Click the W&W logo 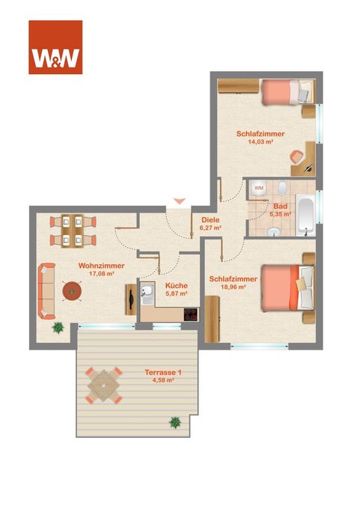55,47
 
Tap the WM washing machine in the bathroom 259,188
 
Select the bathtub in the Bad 305,215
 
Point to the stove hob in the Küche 191,314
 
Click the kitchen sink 147,291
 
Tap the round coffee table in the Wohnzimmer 71,291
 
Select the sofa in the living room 46,291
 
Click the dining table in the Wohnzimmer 73,231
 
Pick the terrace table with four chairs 103,385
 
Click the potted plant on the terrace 175,422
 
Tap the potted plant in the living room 58,328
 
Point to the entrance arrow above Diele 179,201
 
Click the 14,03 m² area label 260,141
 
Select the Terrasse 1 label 163,372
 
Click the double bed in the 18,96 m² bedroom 287,288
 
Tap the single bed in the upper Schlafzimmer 288,92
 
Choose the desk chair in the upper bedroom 296,156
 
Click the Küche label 177,286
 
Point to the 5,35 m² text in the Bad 280,214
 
